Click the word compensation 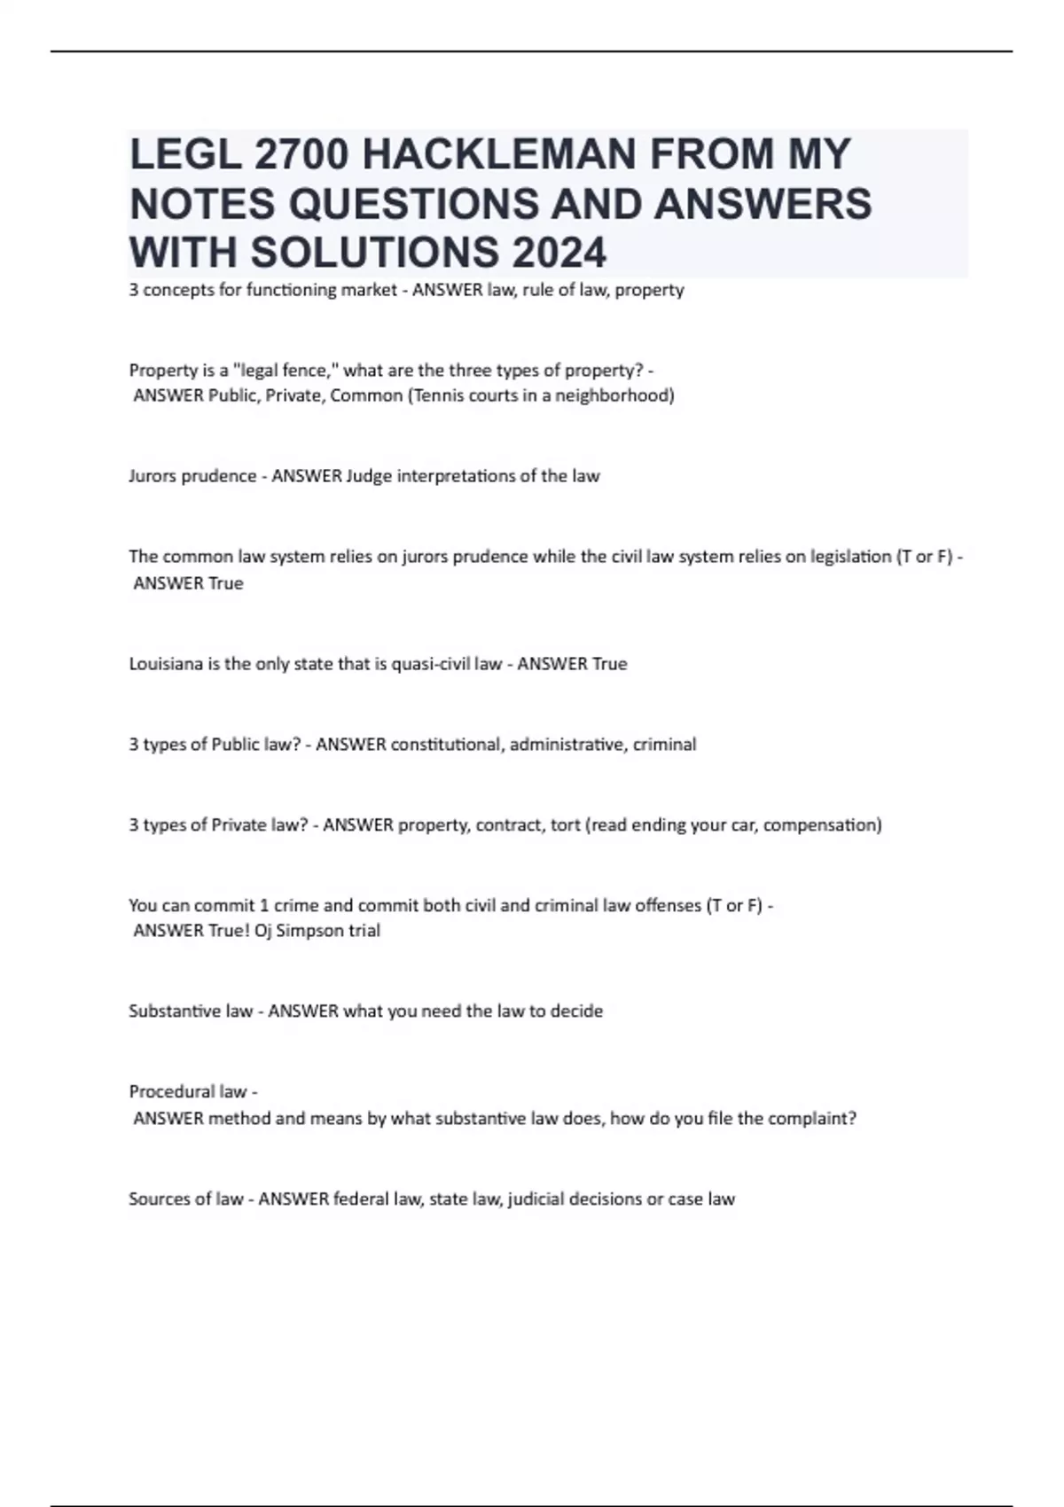(822, 825)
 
